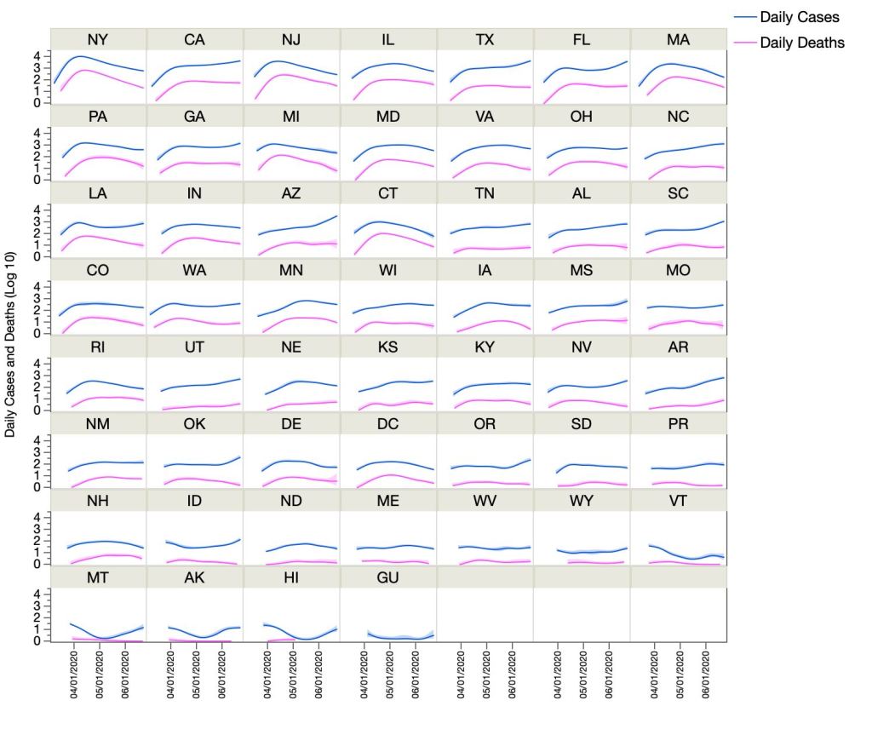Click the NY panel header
click(x=98, y=39)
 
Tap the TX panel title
click(x=485, y=39)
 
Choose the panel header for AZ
click(x=291, y=193)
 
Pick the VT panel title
click(x=679, y=501)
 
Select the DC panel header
click(x=388, y=424)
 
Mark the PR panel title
click(x=679, y=424)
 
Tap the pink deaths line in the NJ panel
click(x=290, y=76)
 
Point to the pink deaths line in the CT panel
click(x=387, y=233)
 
